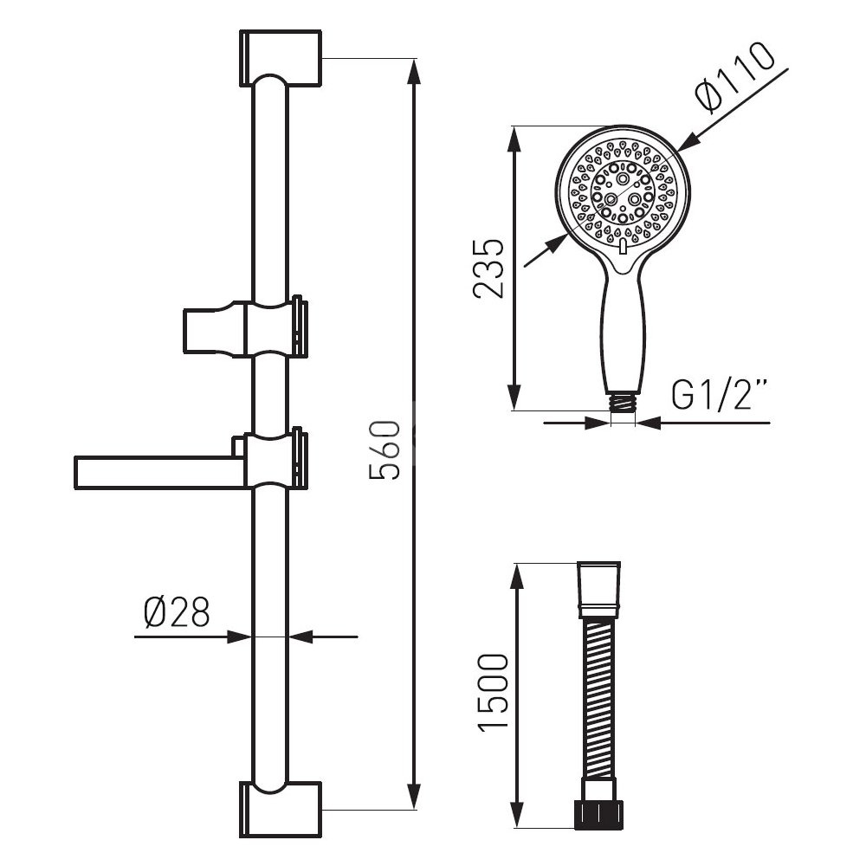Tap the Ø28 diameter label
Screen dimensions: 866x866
[x=177, y=612]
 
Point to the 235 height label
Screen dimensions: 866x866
[x=489, y=269]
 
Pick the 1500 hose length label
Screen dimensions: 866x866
[x=494, y=693]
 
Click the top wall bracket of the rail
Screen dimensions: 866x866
[x=281, y=59]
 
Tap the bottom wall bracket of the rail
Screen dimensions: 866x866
[x=281, y=810]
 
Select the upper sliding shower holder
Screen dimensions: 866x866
[x=245, y=328]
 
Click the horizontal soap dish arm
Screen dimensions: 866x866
[x=160, y=473]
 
